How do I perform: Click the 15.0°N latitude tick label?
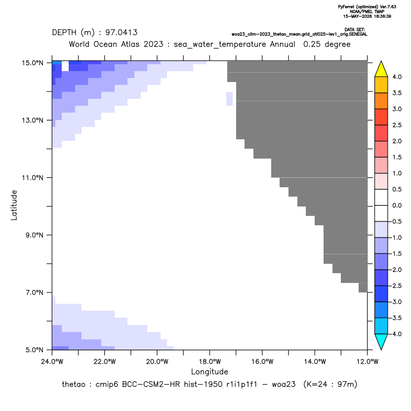(x=33, y=63)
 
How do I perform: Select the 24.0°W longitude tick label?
(x=52, y=362)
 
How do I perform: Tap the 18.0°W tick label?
(x=209, y=362)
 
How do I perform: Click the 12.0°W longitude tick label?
(x=367, y=362)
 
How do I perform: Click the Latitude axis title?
(x=14, y=205)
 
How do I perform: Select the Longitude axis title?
(x=209, y=371)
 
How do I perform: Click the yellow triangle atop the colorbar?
(x=381, y=69)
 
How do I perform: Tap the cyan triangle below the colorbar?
(x=381, y=342)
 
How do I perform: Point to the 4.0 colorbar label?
(x=397, y=77)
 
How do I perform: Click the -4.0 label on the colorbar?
(x=396, y=334)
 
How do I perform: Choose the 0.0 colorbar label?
(x=397, y=205)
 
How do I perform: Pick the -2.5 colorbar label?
(x=396, y=286)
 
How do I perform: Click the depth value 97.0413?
(x=122, y=33)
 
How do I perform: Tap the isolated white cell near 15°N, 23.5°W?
(x=65, y=66)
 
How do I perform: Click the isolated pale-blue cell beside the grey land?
(x=229, y=99)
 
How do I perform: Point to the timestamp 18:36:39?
(x=381, y=16)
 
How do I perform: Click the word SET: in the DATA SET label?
(x=361, y=30)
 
